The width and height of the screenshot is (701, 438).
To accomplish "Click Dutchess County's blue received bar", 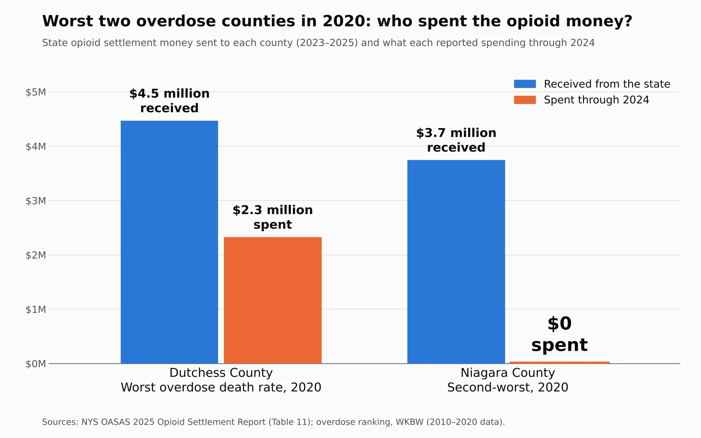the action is pyautogui.click(x=169, y=242).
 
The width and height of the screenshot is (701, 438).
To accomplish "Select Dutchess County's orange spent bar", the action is pyautogui.click(x=273, y=300).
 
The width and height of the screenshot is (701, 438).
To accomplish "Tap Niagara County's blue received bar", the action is pyautogui.click(x=456, y=262).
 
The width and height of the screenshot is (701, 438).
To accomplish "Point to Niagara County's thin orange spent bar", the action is pyautogui.click(x=560, y=362).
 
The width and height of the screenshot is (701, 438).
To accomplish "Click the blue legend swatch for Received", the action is pyautogui.click(x=525, y=84).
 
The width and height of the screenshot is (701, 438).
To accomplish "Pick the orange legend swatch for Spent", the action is pyautogui.click(x=525, y=100).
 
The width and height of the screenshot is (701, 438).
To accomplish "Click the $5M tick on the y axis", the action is pyautogui.click(x=36, y=92).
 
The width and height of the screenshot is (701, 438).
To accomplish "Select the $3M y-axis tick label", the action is pyautogui.click(x=36, y=201).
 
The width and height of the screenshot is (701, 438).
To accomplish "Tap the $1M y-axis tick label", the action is pyautogui.click(x=36, y=310).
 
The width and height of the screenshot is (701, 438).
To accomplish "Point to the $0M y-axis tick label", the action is pyautogui.click(x=36, y=364).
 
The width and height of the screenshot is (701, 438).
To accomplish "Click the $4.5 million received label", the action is pyautogui.click(x=169, y=101).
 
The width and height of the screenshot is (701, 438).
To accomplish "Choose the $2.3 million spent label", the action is pyautogui.click(x=273, y=217).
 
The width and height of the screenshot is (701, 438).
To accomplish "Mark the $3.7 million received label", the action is pyautogui.click(x=456, y=140).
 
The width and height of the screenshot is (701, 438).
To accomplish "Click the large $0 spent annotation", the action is pyautogui.click(x=560, y=334).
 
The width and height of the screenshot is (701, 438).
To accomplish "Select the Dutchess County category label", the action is pyautogui.click(x=221, y=373).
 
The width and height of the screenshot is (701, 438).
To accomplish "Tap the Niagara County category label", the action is pyautogui.click(x=508, y=373).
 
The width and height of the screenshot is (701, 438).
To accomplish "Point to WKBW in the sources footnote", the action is pyautogui.click(x=409, y=422).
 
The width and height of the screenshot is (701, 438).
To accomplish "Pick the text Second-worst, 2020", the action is pyautogui.click(x=508, y=387).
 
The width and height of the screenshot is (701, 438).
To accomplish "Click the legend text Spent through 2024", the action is pyautogui.click(x=597, y=100).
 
